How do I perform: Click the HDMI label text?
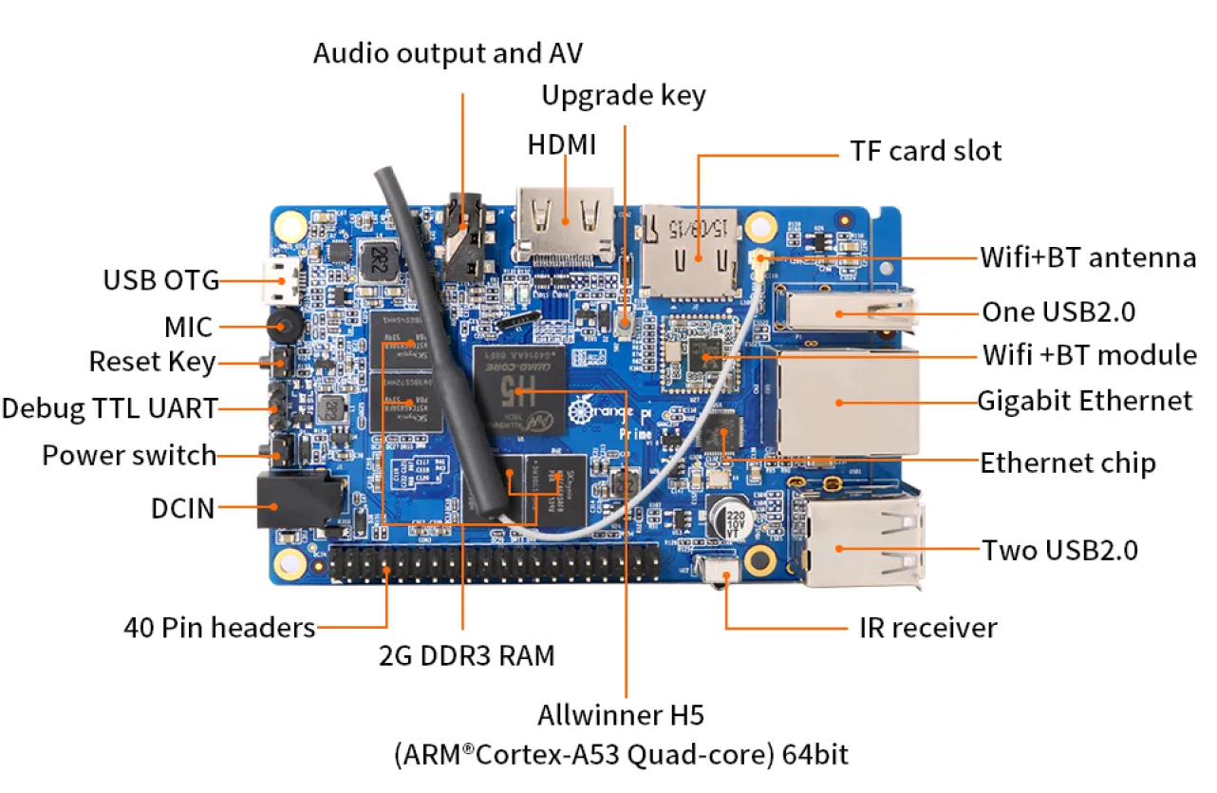pos(562,145)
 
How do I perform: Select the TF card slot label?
pos(926,151)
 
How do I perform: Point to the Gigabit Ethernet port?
pos(847,402)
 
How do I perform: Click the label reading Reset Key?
pos(152,362)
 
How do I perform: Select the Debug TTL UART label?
pos(109,408)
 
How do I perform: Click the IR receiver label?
pos(927,628)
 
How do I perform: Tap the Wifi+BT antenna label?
pos(1087,257)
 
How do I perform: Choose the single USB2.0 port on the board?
pos(843,312)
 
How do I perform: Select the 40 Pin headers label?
pos(219,628)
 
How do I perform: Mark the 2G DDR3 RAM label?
pos(466,656)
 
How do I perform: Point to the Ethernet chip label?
pos(1067,463)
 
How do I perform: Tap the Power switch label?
pos(129,455)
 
